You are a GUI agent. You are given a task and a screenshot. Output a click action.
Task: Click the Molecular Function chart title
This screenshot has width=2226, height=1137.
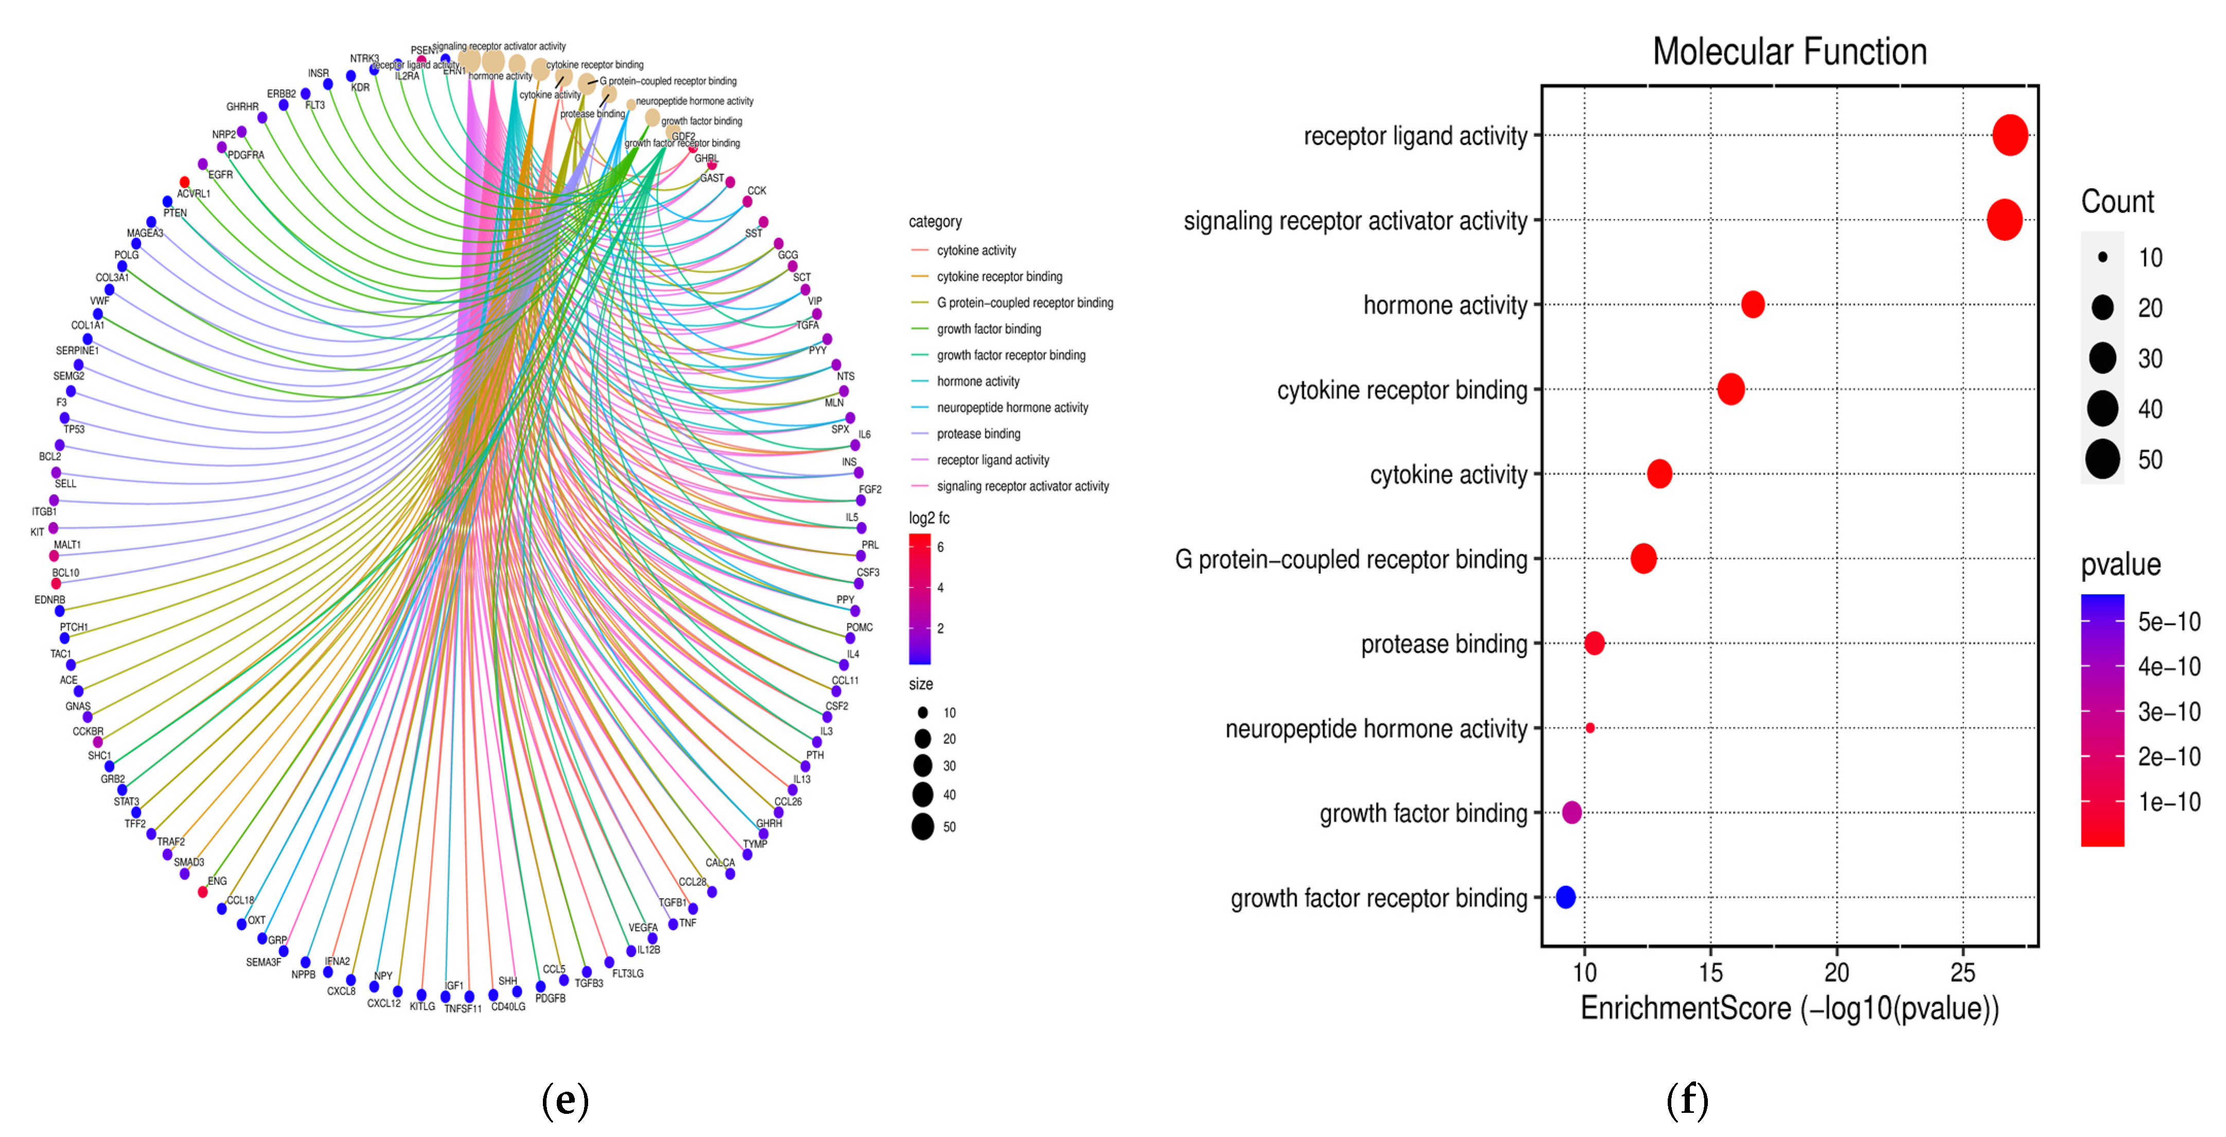pos(1789,52)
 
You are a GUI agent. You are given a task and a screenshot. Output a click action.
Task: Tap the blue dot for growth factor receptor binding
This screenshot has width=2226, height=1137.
pos(1565,897)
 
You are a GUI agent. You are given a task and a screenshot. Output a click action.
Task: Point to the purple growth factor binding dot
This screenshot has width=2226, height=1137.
pos(1572,812)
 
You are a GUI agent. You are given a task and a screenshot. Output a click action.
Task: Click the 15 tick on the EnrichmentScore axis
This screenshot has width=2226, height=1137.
pos(1710,973)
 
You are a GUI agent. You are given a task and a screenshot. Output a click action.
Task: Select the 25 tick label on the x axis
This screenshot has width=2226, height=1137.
pos(1963,973)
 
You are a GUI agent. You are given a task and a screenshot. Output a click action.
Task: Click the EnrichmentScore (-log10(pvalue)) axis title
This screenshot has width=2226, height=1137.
pos(1789,1009)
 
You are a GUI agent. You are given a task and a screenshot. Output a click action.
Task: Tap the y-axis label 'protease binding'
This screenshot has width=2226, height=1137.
pos(1443,644)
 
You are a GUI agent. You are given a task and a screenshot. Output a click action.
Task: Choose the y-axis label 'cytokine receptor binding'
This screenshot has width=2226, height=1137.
pos(1402,389)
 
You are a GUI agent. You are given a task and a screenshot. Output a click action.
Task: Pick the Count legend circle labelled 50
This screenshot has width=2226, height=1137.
pos(2103,459)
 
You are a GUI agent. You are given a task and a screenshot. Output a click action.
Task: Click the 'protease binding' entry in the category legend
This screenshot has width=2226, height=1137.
pos(978,434)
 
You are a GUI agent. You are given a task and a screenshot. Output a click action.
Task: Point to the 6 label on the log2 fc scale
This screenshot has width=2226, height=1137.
pos(940,547)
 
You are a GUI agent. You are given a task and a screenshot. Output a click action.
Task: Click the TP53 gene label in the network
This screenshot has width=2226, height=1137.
pos(74,430)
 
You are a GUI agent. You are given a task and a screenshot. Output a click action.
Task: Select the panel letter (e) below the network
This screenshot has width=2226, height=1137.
pos(565,1100)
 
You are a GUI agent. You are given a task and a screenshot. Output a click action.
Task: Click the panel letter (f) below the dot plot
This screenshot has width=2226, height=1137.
pos(1687,1100)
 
